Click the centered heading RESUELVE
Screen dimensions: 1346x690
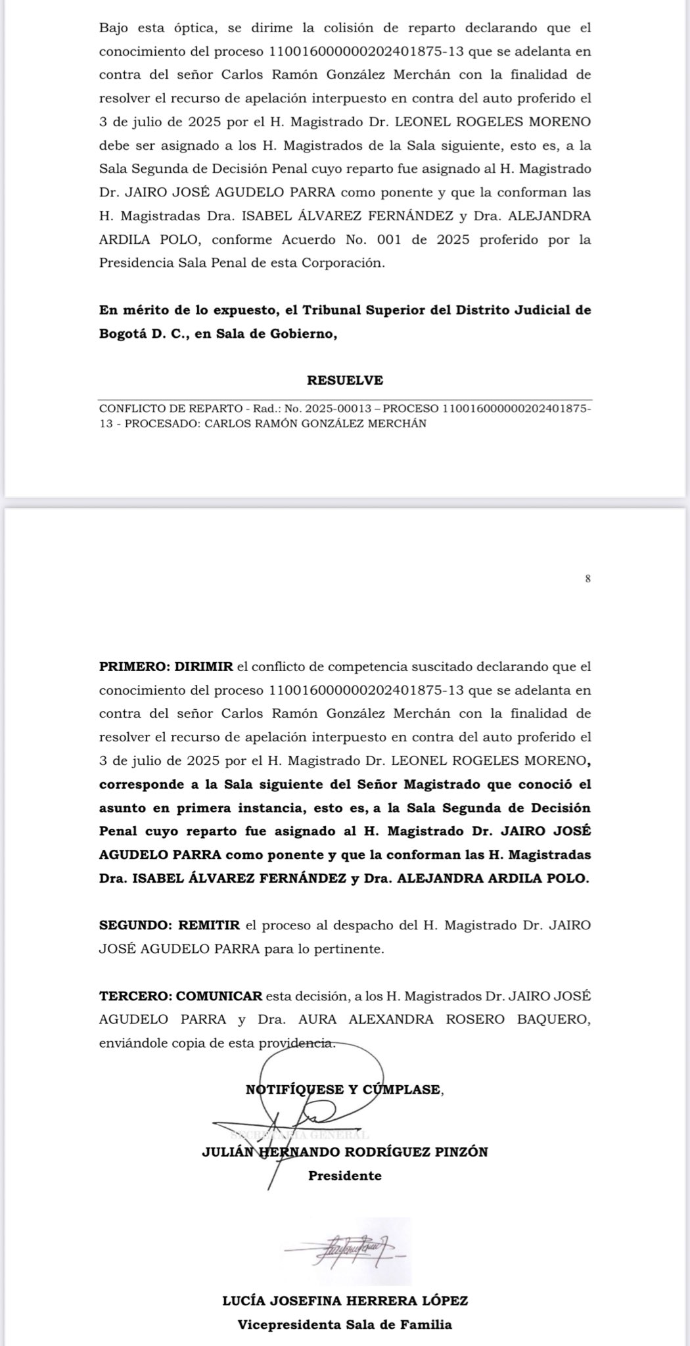[x=344, y=381]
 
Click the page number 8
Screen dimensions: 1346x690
[x=587, y=579]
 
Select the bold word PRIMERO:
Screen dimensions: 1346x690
[x=134, y=666]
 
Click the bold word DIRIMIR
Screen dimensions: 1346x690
[x=204, y=666]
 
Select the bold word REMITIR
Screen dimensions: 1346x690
[x=210, y=925]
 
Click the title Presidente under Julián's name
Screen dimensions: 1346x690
[x=344, y=1176]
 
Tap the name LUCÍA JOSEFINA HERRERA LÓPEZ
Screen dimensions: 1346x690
[x=345, y=1301]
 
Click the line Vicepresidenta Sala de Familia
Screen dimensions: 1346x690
[x=345, y=1324]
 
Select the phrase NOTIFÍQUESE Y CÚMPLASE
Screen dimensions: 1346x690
[x=344, y=1089]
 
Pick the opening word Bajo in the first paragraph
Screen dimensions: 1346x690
[x=114, y=28]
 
